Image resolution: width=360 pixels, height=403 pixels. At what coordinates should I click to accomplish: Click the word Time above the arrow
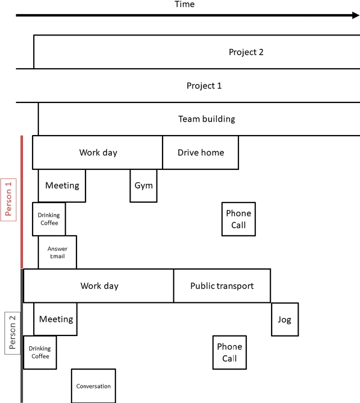point(184,5)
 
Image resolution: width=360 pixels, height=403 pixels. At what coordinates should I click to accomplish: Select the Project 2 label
point(246,52)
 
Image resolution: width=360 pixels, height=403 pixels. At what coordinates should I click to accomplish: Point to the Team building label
point(206,119)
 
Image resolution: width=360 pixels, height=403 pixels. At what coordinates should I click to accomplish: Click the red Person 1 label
point(8,199)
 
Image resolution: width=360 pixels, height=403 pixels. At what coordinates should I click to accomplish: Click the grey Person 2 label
point(12,332)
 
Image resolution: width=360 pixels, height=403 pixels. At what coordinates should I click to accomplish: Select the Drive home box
point(200,153)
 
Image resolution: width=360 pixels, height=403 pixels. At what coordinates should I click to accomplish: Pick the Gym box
point(143,185)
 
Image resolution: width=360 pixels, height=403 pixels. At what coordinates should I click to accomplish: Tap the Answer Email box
point(57,252)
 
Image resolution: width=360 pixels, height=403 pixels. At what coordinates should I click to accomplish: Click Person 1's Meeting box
point(62,185)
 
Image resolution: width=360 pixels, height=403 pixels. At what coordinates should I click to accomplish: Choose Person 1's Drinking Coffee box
point(49,219)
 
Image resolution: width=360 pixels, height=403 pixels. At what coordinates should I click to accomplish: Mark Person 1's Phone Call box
point(238,219)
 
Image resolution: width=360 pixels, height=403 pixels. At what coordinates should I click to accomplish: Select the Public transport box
point(222,286)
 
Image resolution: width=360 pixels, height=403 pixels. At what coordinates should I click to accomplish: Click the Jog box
point(285,319)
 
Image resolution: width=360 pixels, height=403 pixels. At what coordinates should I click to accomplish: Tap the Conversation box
point(93,386)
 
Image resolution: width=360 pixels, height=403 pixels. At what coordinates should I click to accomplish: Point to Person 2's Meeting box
point(56,319)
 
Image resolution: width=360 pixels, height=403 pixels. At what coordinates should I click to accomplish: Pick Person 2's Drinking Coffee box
point(40,352)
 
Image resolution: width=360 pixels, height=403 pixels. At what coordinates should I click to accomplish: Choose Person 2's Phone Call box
point(229,352)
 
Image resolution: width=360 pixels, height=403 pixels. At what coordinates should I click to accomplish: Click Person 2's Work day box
point(99,286)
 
